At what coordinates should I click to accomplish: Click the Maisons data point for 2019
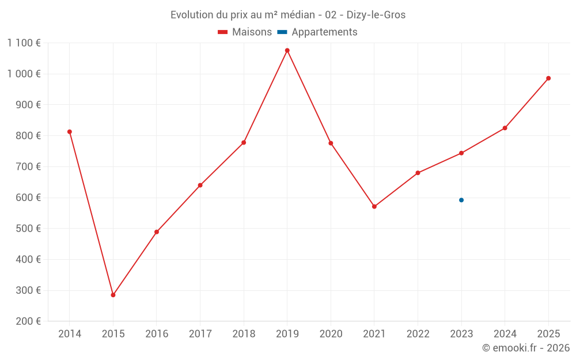pyautogui.click(x=287, y=51)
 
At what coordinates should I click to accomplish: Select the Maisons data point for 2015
pyautogui.click(x=113, y=295)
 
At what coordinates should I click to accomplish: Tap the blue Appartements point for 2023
pyautogui.click(x=461, y=200)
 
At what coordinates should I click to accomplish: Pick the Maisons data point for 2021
pyautogui.click(x=374, y=206)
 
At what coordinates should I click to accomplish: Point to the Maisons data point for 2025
pyautogui.click(x=548, y=78)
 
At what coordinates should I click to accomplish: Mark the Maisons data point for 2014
pyautogui.click(x=70, y=132)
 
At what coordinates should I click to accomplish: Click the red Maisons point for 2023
pyautogui.click(x=461, y=153)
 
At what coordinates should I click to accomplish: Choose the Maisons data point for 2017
pyautogui.click(x=200, y=185)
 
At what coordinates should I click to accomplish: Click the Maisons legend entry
pyautogui.click(x=245, y=32)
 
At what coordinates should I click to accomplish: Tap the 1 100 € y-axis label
pyautogui.click(x=24, y=43)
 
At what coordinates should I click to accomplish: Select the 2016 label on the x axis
pyautogui.click(x=157, y=334)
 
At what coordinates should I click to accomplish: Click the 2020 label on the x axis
pyautogui.click(x=331, y=334)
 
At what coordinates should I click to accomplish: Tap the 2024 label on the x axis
pyautogui.click(x=505, y=334)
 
